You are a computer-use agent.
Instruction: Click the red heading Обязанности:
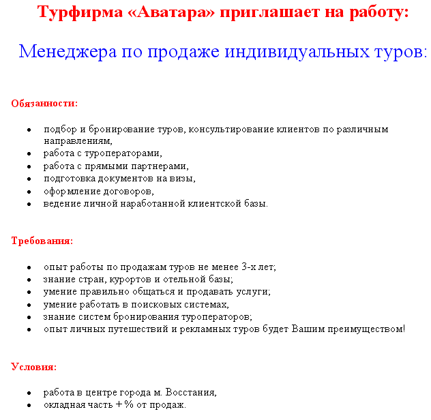coord(44,104)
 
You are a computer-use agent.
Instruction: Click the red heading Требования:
coord(42,241)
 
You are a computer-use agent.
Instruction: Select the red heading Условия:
coord(33,367)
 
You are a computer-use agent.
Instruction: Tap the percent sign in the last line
coord(128,405)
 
